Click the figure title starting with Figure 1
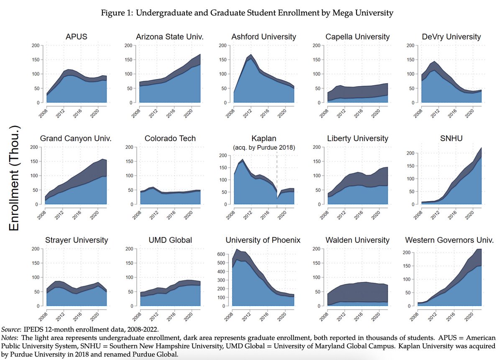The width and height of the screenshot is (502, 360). tap(247, 13)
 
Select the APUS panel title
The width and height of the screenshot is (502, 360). tap(77, 37)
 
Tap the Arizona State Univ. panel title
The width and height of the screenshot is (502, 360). tap(170, 37)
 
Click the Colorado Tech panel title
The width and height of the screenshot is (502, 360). tap(170, 138)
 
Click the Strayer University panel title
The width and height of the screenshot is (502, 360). tap(77, 240)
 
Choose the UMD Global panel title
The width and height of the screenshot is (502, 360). tap(170, 240)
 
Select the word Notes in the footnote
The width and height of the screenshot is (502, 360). tap(10, 337)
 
